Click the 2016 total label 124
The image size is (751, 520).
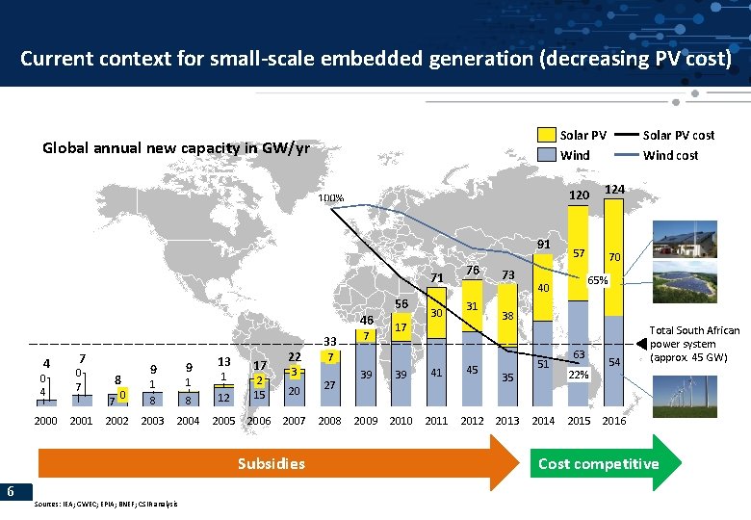pos(613,191)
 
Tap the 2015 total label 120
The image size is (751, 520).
pos(578,195)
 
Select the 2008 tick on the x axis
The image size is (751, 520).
pos(330,421)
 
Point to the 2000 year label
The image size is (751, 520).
pos(46,421)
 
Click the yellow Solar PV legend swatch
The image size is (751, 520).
pos(546,135)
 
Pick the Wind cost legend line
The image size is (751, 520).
pos(628,155)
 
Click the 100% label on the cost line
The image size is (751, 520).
pos(332,199)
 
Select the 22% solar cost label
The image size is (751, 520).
pos(579,375)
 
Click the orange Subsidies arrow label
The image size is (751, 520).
pos(271,464)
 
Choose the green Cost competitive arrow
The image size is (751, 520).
pos(599,464)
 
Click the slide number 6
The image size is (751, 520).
pos(10,492)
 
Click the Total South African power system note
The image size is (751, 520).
pos(696,344)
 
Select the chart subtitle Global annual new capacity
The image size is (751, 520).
pos(175,148)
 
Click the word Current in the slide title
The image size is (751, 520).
pos(55,58)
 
